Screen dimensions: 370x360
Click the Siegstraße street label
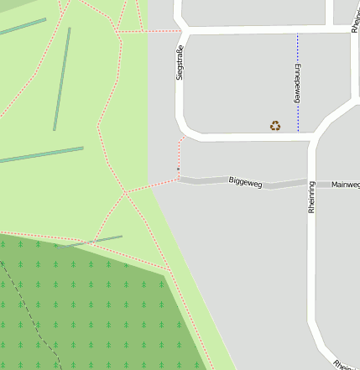pyautogui.click(x=179, y=63)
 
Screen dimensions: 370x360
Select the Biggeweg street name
pyautogui.click(x=245, y=181)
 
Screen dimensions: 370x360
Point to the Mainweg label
pyautogui.click(x=345, y=185)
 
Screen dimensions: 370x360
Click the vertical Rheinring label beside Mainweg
pyautogui.click(x=311, y=197)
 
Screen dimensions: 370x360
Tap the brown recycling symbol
pyautogui.click(x=275, y=126)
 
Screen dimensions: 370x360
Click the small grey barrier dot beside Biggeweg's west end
pyautogui.click(x=178, y=169)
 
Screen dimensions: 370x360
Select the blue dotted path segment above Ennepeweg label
pyautogui.click(x=297, y=49)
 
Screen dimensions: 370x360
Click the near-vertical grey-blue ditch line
pyautogui.click(x=61, y=80)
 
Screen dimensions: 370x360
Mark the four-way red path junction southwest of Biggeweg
pyautogui.click(x=126, y=193)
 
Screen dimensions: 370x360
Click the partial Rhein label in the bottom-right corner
pyautogui.click(x=342, y=366)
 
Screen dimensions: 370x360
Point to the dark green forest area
pyautogui.click(x=92, y=310)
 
